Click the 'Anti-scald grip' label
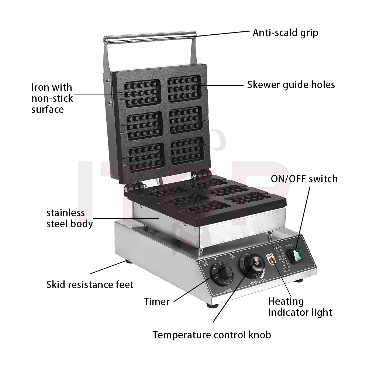click(x=285, y=32)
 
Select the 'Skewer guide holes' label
click(x=291, y=85)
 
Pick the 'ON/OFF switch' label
click(x=304, y=179)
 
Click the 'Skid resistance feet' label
click(x=90, y=284)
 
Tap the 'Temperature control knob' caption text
click(x=212, y=335)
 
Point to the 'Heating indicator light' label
click(x=300, y=307)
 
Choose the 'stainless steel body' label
click(x=69, y=218)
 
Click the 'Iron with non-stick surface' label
click(x=52, y=98)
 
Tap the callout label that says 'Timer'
click(x=156, y=301)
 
